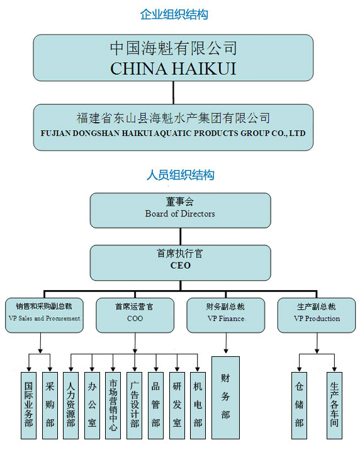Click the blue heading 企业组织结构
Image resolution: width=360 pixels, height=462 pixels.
click(174, 14)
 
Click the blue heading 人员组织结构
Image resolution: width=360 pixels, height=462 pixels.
click(180, 175)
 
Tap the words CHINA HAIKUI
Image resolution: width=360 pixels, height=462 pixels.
click(173, 69)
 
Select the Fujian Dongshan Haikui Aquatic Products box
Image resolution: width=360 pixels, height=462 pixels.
click(173, 127)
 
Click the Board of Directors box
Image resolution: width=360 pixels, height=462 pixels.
click(180, 210)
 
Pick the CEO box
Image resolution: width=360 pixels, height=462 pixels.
click(180, 263)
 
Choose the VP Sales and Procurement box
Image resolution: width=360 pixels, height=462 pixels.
click(44, 315)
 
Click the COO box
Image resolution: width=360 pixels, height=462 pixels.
click(135, 315)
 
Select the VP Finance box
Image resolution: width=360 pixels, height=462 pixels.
click(226, 315)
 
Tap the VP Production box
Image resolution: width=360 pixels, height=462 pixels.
click(317, 315)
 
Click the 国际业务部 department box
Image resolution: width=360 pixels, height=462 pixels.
click(28, 405)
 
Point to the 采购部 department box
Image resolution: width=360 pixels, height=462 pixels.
click(50, 405)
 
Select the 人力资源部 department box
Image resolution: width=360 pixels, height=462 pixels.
click(70, 405)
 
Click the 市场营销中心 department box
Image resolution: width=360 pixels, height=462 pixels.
click(113, 405)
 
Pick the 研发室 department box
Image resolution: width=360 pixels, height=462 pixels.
click(177, 405)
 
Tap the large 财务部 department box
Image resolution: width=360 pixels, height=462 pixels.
click(226, 398)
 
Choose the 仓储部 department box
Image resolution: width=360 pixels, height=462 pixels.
click(300, 405)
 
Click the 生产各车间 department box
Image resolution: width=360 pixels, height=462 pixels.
click(334, 405)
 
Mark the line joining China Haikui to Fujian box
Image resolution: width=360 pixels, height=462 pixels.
click(173, 93)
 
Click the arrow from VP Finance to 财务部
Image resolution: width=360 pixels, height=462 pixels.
click(226, 343)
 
